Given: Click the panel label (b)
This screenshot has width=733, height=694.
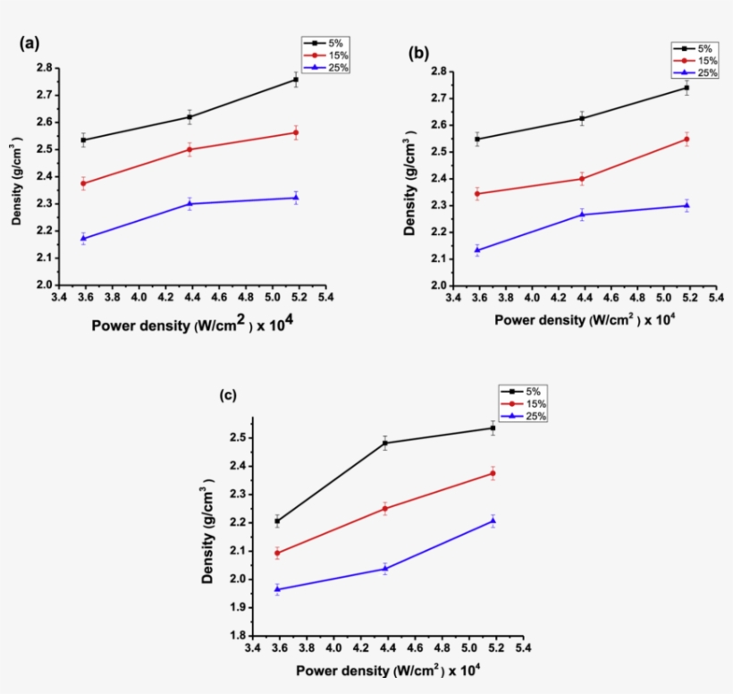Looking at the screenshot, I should click(x=417, y=54).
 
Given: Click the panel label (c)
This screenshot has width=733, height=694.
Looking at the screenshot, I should click(x=228, y=395).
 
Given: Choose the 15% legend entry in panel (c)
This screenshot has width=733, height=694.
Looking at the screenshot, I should click(x=527, y=404).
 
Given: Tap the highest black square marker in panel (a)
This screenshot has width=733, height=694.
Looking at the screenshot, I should click(x=296, y=80).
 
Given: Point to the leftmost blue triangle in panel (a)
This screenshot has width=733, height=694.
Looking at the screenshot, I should click(x=83, y=239).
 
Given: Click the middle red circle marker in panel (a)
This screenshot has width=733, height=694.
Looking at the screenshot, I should click(x=190, y=149).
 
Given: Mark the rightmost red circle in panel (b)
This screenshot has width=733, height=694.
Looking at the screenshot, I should click(x=687, y=140).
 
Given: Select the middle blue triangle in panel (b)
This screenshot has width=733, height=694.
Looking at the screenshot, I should click(x=582, y=215).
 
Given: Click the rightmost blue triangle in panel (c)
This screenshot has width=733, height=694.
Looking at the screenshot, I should click(x=493, y=521).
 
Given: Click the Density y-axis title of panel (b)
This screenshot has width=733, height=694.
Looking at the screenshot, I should click(x=410, y=178).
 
